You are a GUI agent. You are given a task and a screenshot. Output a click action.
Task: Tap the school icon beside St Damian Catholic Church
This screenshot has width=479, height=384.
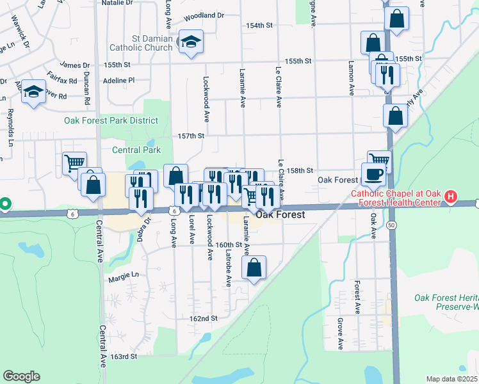pyautogui.click(x=190, y=42)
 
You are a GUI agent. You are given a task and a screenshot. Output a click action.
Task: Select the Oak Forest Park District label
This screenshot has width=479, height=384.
pyautogui.click(x=111, y=120)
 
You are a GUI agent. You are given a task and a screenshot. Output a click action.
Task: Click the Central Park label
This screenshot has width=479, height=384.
pyautogui.click(x=136, y=150)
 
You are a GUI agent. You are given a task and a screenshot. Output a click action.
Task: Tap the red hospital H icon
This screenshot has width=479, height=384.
pyautogui.click(x=450, y=196)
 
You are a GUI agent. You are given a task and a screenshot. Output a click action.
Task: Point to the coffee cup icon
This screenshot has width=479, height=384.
pyautogui.click(x=374, y=173)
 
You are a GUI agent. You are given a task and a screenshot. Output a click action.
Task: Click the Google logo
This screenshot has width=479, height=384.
pyautogui.click(x=21, y=376)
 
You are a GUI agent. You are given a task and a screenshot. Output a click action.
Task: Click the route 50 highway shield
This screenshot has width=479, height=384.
pyautogui.click(x=391, y=225)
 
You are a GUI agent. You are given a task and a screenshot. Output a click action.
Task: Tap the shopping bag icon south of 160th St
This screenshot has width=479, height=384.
pyautogui.click(x=254, y=268)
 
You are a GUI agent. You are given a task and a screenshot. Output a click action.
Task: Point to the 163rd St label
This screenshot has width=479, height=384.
pyautogui.click(x=124, y=356)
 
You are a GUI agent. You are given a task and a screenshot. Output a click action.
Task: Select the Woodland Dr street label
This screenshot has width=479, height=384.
pyautogui.click(x=204, y=15)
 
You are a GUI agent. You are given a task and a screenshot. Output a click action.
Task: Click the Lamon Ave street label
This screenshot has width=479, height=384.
pyautogui.click(x=351, y=77)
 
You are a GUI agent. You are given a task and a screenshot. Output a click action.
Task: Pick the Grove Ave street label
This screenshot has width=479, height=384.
pyautogui.click(x=341, y=333)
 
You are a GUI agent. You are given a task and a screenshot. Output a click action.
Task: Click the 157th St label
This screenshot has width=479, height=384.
pyautogui.click(x=191, y=136)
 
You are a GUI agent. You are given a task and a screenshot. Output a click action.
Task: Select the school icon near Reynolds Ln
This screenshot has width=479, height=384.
pyautogui.click(x=33, y=93)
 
